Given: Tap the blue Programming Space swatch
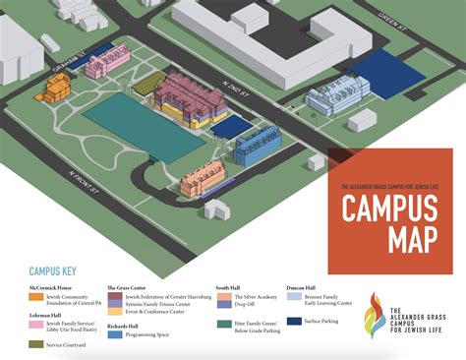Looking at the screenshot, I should click(114, 334).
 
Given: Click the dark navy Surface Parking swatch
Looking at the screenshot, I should click(294, 320).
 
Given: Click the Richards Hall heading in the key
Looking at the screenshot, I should click(122, 325).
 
